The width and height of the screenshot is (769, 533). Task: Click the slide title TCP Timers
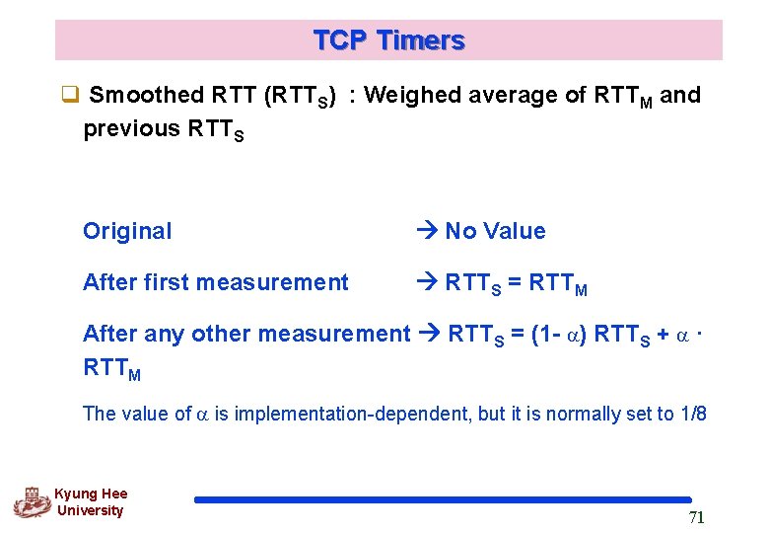coord(388,40)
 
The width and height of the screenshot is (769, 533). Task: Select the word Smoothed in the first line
coord(146,96)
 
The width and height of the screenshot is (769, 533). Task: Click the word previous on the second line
coord(131,129)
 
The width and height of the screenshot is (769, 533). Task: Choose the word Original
coord(127,231)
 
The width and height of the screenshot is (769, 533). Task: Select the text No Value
coord(495,231)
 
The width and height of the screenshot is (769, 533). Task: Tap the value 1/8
coord(693,414)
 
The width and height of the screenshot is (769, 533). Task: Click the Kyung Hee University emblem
coord(32,502)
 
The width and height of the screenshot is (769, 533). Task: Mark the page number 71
coord(695,519)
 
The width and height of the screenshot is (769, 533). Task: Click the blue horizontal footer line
coord(443,500)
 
